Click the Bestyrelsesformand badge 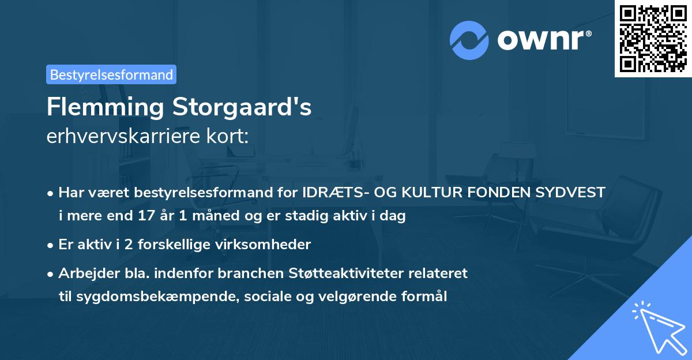[x=111, y=74]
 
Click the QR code [x=653, y=38]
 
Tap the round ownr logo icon [x=469, y=40]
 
